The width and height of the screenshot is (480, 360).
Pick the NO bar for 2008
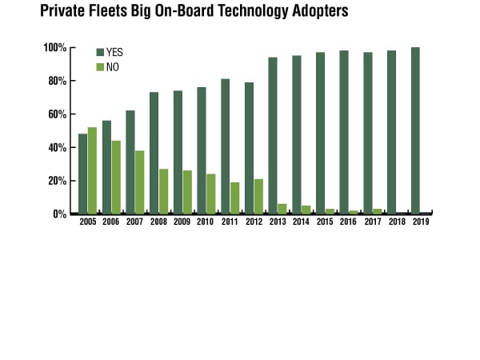(163, 191)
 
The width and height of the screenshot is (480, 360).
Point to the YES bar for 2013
(272, 135)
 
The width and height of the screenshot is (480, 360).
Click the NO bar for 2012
(258, 196)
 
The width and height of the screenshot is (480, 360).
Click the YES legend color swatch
(100, 52)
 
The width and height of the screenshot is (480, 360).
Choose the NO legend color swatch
(100, 66)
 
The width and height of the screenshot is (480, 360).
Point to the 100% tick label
(55, 48)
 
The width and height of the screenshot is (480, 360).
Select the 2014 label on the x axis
(301, 222)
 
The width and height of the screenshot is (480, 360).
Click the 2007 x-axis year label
(134, 222)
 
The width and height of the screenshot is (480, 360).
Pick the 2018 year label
(397, 222)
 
